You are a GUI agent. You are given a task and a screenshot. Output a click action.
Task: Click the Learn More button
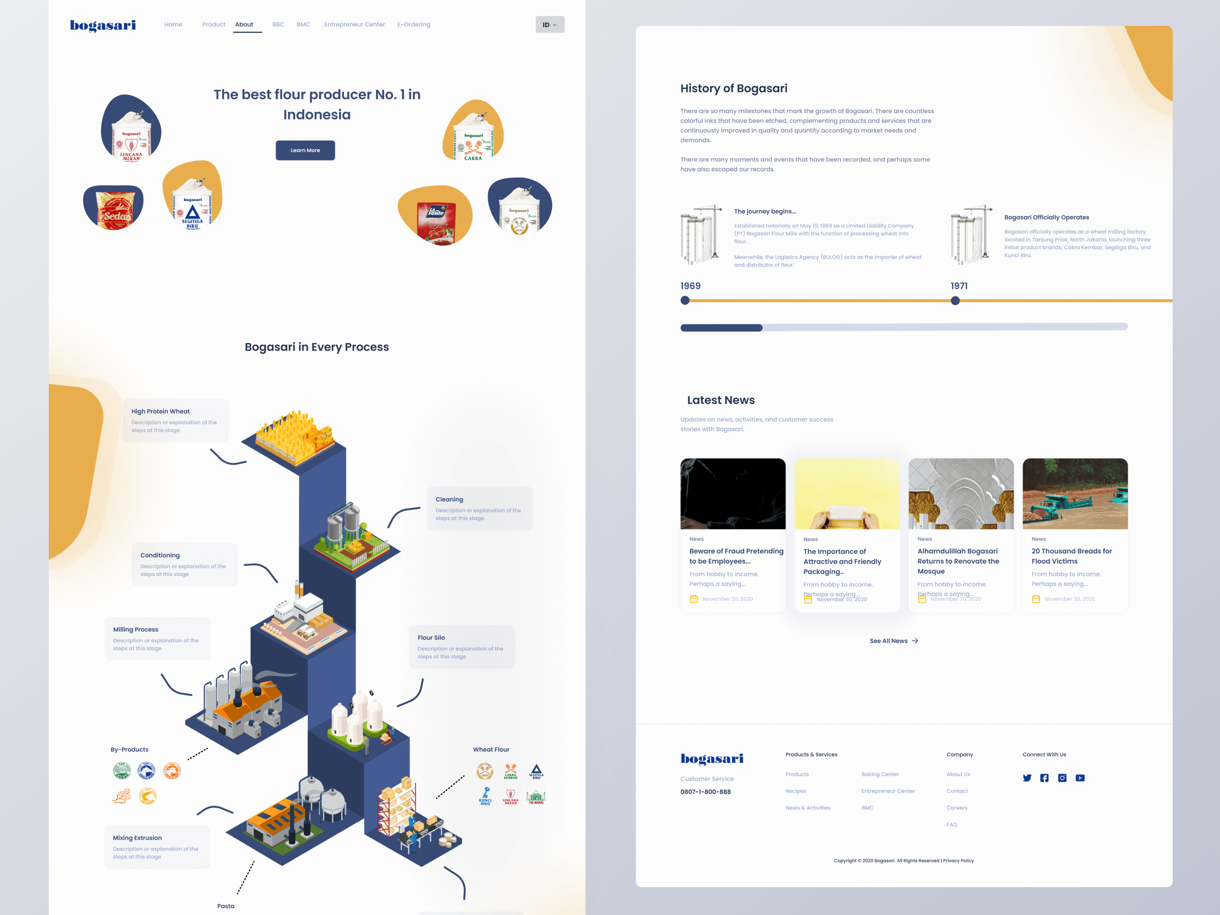tap(305, 150)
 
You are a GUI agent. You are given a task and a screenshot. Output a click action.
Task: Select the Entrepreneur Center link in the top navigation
tap(354, 24)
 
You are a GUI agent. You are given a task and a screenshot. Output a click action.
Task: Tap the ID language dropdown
tap(549, 24)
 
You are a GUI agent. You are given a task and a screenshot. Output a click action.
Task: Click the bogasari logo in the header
tap(102, 25)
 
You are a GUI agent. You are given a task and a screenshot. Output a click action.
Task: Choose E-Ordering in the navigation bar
tap(414, 24)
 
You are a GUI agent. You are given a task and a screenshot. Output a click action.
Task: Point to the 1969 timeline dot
tap(685, 301)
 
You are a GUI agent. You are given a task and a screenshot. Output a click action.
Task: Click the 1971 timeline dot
tap(956, 301)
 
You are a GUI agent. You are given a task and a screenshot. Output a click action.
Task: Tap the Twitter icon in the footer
tap(1027, 778)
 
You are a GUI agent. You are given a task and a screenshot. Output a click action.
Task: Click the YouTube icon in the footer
tap(1080, 778)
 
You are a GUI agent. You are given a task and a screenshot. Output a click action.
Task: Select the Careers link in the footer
tap(957, 808)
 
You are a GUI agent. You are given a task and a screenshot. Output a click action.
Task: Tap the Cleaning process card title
tap(449, 499)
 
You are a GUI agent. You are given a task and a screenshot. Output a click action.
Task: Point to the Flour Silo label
tap(431, 638)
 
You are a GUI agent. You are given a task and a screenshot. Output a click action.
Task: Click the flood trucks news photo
tap(1075, 494)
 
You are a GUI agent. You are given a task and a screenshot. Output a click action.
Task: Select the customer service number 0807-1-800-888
tap(706, 792)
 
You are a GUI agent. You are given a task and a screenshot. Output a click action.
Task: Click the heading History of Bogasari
tap(733, 88)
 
